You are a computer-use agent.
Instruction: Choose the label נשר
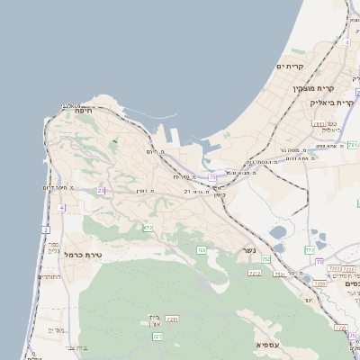coord(248,251)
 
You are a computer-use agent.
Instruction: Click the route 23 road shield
coord(102,190)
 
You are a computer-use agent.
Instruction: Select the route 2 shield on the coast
coord(45,229)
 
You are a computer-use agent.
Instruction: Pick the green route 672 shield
coord(148,228)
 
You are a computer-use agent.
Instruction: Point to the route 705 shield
coord(202,249)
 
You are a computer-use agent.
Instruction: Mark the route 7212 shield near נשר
coord(255,272)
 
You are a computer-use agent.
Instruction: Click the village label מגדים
coord(56,329)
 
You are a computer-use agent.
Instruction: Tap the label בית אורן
coord(151,320)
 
